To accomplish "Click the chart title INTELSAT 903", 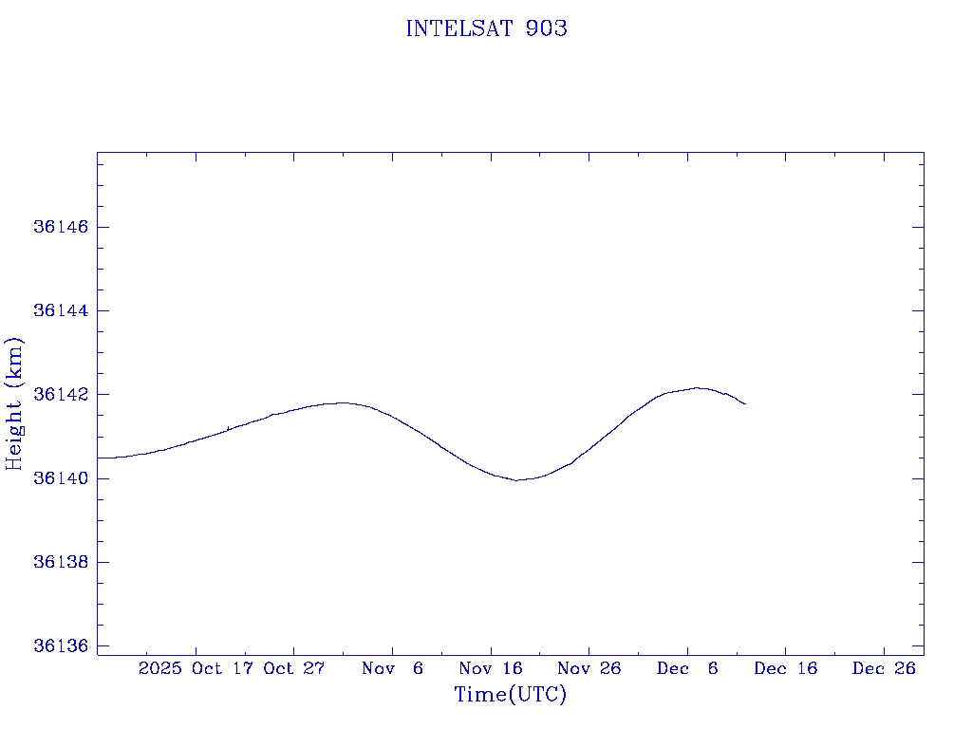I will point(486,28).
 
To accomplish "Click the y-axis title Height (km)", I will point(14,403).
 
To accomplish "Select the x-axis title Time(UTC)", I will point(510,695).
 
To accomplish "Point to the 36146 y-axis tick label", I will point(60,227).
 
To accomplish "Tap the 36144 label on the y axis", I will point(60,310).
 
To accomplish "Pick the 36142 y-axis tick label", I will point(60,395).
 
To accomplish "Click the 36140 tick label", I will point(60,478).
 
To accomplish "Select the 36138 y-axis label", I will point(60,562).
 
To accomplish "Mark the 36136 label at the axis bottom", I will point(60,646).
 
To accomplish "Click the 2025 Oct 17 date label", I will point(196,668).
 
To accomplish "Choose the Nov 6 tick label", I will point(392,668).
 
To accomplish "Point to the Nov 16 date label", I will point(491,668).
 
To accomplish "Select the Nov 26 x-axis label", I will point(589,668).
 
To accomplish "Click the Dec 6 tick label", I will point(687,668).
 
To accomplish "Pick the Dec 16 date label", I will point(785,668).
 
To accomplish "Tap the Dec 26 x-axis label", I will point(884,668).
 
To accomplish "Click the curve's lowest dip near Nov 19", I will point(518,480).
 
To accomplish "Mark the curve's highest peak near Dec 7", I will point(698,387).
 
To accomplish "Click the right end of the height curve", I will point(745,404).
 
